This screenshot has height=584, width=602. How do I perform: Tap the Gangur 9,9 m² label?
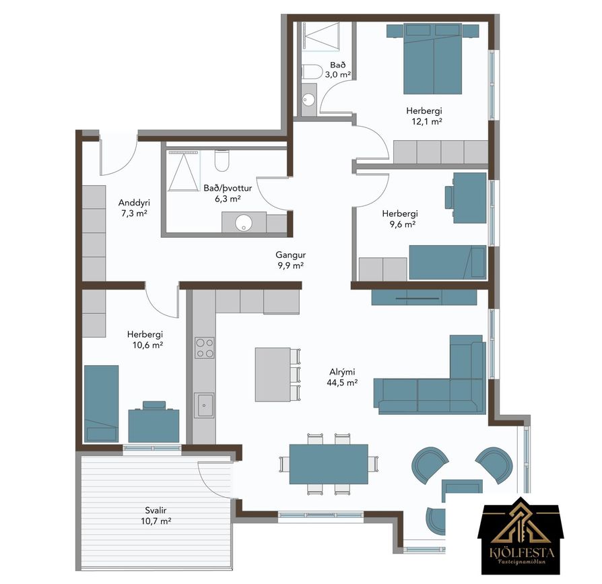(x=291, y=260)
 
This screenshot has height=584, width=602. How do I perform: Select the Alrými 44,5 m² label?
(x=342, y=377)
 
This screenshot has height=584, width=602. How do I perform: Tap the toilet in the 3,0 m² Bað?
(x=311, y=72)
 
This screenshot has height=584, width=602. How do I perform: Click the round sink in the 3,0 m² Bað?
(x=308, y=100)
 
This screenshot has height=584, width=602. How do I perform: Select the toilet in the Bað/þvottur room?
(x=222, y=160)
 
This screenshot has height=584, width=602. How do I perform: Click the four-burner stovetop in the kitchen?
(x=204, y=348)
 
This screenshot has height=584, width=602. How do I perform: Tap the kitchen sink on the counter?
(x=204, y=405)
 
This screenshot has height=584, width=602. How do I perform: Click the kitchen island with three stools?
(x=278, y=375)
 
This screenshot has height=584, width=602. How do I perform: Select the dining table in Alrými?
(x=329, y=464)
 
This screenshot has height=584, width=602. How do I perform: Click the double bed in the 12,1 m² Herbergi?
(x=433, y=59)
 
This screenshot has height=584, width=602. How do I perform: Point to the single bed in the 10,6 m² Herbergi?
(x=102, y=403)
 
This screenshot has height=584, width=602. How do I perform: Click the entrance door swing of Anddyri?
(x=119, y=154)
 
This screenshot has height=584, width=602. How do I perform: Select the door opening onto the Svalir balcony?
(x=215, y=481)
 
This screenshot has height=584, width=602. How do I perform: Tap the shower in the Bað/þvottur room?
(x=184, y=170)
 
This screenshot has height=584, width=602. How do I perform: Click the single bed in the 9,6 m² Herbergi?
(x=448, y=262)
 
